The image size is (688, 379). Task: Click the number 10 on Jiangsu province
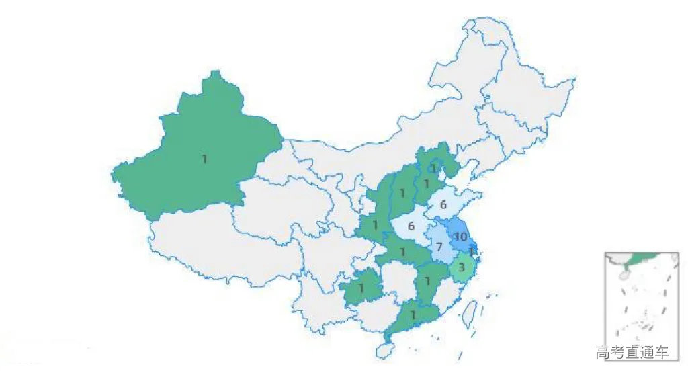[x=460, y=237]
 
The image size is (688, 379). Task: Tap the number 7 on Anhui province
[x=438, y=247]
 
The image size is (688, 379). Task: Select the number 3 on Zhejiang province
[x=461, y=267]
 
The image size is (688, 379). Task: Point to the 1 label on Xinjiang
[x=204, y=159]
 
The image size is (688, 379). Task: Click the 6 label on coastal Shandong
[x=443, y=205]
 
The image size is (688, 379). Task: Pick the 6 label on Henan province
[x=411, y=226]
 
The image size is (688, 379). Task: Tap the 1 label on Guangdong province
[x=414, y=314]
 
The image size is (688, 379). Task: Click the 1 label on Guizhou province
[x=361, y=288]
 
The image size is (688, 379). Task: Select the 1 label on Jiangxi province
[x=427, y=281]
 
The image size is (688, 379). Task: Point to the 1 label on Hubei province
[x=402, y=252]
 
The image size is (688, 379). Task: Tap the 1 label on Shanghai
[x=472, y=251]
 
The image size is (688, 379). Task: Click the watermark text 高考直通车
[x=632, y=352]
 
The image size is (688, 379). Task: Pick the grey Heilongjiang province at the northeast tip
[x=517, y=87]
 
